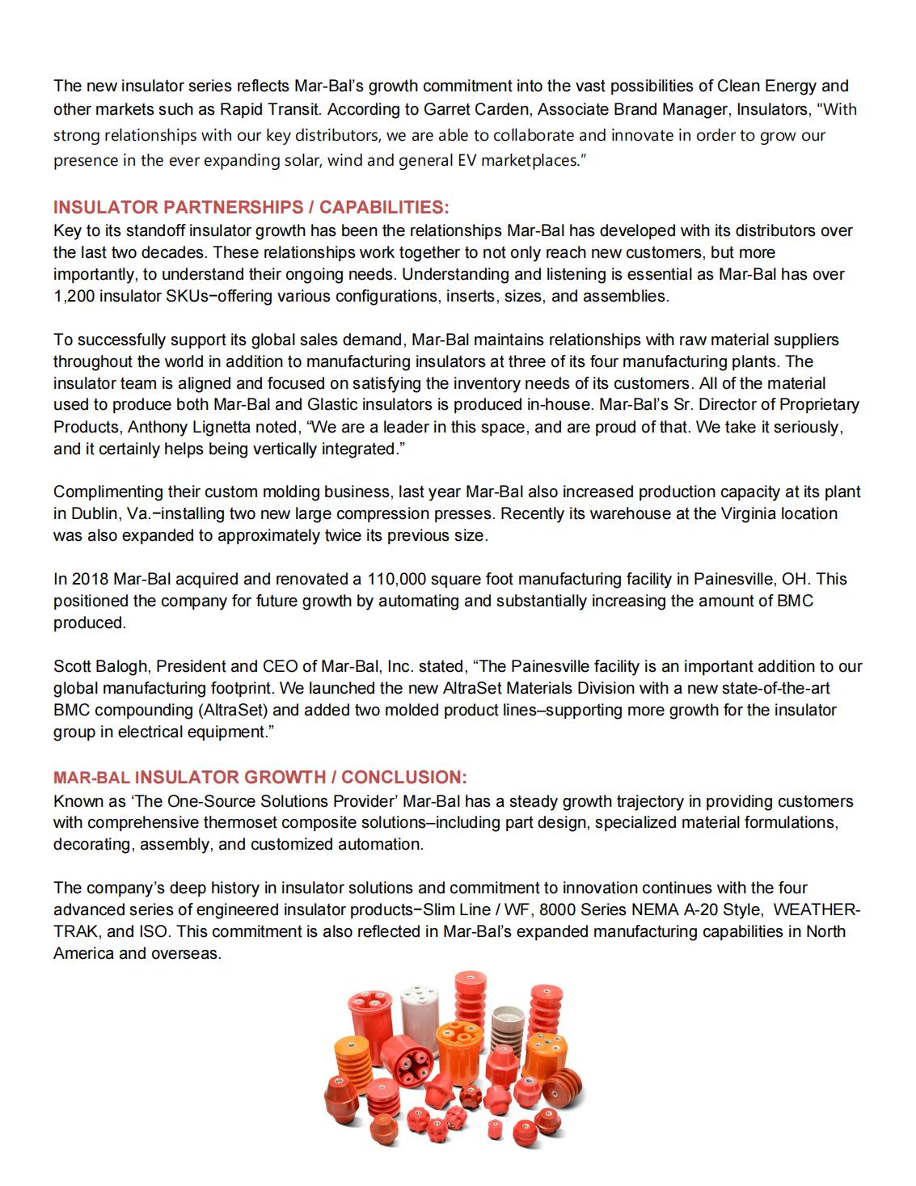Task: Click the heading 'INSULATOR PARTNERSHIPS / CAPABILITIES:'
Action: (x=251, y=207)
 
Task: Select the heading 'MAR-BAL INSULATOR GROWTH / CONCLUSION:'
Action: (x=260, y=778)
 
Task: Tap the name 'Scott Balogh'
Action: (x=101, y=667)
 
